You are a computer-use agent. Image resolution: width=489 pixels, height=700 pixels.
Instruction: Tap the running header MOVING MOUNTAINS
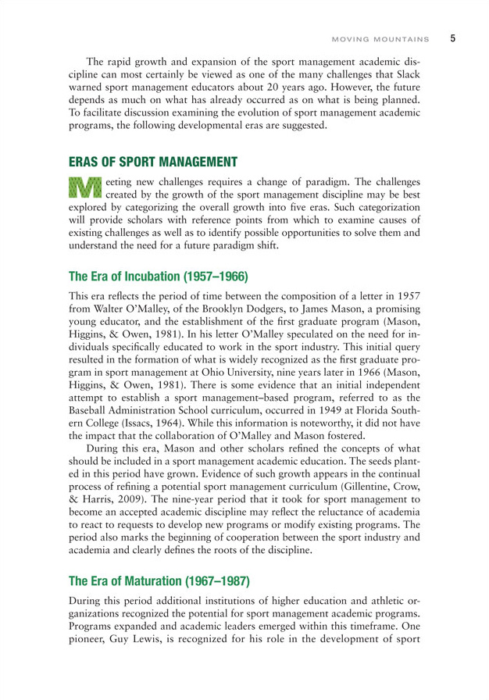[380, 38]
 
